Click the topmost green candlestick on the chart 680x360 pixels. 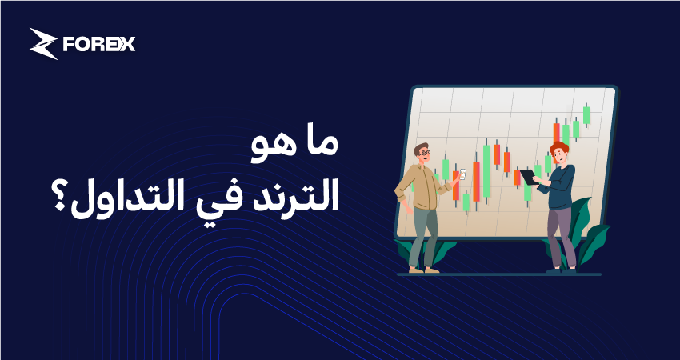pos(586,115)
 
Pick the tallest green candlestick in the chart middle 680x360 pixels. pos(486,170)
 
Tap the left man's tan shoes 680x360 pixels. pos(423,270)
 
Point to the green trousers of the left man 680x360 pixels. pos(424,236)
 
